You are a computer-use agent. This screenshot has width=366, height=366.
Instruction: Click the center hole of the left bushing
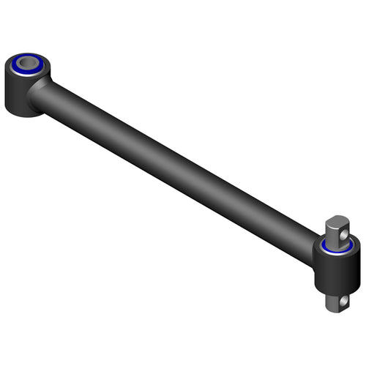tap(27, 62)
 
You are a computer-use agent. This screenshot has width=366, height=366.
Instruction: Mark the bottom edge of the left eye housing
tap(22, 114)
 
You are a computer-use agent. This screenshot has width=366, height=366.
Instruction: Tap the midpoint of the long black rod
tap(176, 164)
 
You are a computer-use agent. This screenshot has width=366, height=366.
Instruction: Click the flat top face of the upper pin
tap(337, 220)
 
